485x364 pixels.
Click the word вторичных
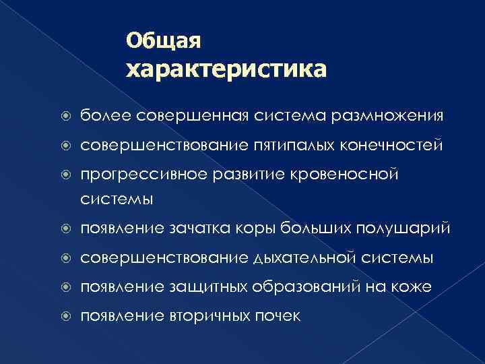205,316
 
